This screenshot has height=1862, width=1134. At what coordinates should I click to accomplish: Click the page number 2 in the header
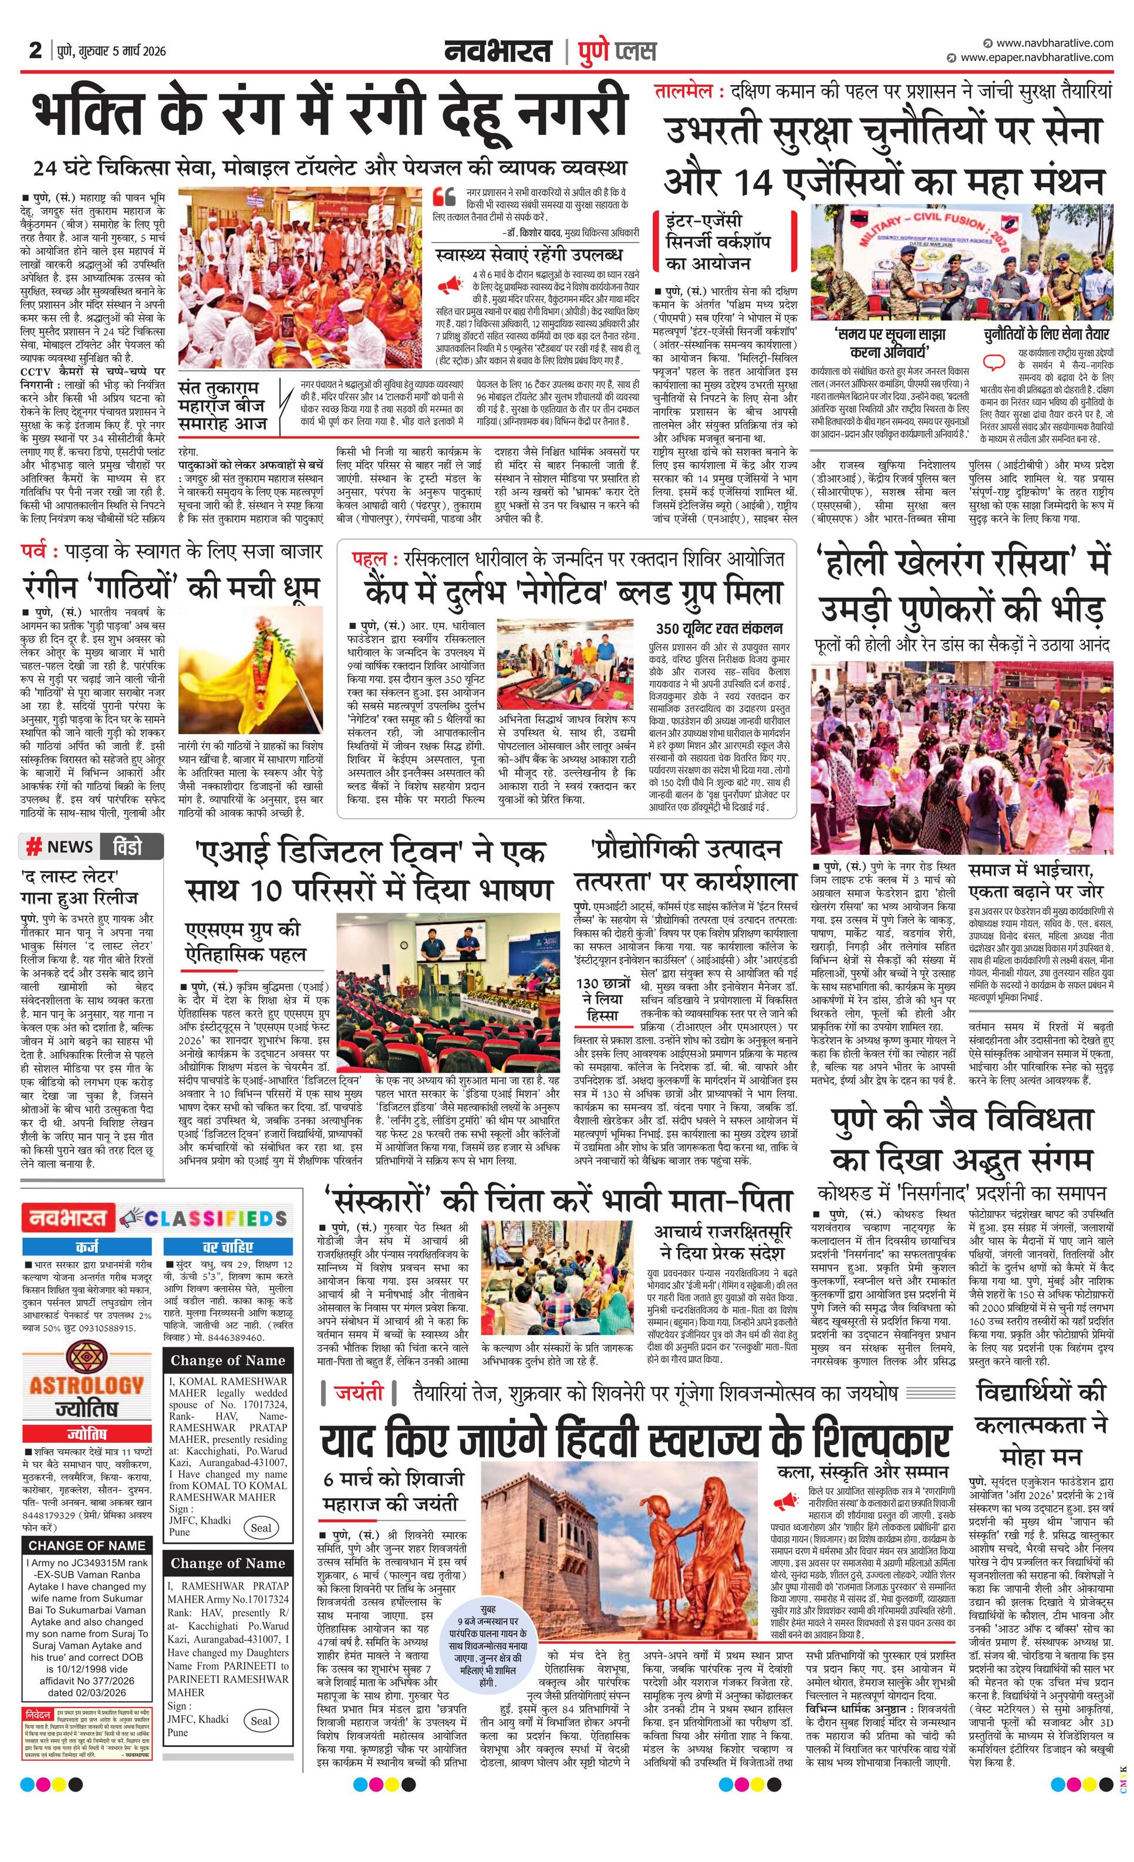(35, 50)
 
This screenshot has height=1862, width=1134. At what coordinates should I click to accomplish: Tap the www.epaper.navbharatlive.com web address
(1037, 57)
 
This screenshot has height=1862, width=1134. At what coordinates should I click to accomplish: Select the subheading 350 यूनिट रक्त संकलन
(718, 628)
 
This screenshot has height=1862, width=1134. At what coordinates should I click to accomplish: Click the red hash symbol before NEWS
(34, 847)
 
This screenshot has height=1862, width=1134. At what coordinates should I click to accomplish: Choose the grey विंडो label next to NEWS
(132, 846)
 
